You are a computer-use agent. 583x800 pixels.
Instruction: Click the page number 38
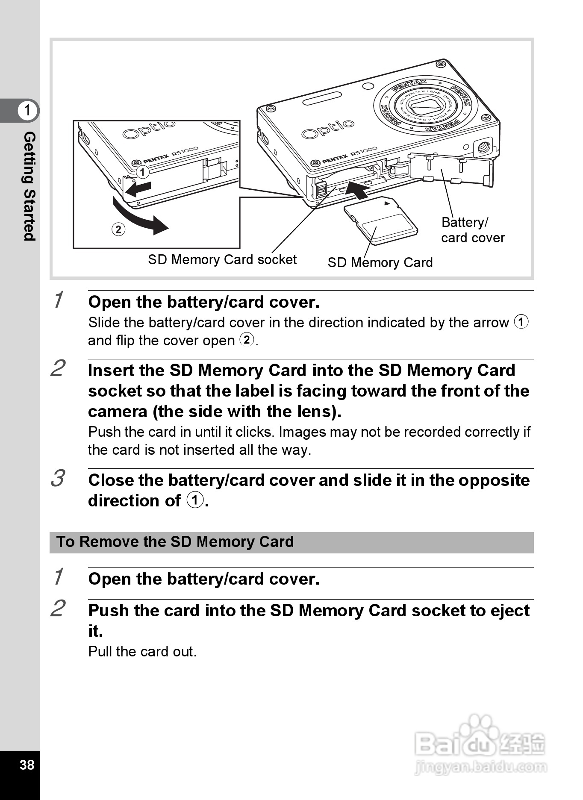pyautogui.click(x=26, y=765)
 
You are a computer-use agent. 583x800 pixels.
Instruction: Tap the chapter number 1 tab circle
pyautogui.click(x=28, y=110)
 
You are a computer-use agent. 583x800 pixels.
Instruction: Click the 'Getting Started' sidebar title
pyautogui.click(x=29, y=186)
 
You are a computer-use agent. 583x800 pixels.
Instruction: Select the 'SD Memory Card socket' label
pyautogui.click(x=222, y=259)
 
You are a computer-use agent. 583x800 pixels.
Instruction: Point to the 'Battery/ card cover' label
pyautogui.click(x=472, y=230)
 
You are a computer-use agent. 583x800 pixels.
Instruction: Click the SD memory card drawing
pyautogui.click(x=381, y=221)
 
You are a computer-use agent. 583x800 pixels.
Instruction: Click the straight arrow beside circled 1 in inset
pyautogui.click(x=139, y=188)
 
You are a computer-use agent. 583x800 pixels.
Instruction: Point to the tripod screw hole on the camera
pyautogui.click(x=483, y=147)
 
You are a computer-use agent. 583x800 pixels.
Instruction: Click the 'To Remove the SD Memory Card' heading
pyautogui.click(x=175, y=542)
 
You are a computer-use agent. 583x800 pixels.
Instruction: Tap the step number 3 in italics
pyautogui.click(x=58, y=478)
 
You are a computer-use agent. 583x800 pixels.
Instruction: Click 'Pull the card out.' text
pyautogui.click(x=142, y=652)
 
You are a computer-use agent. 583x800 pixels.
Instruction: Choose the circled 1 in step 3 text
pyautogui.click(x=195, y=500)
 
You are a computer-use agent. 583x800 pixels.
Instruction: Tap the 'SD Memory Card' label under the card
pyautogui.click(x=380, y=262)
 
